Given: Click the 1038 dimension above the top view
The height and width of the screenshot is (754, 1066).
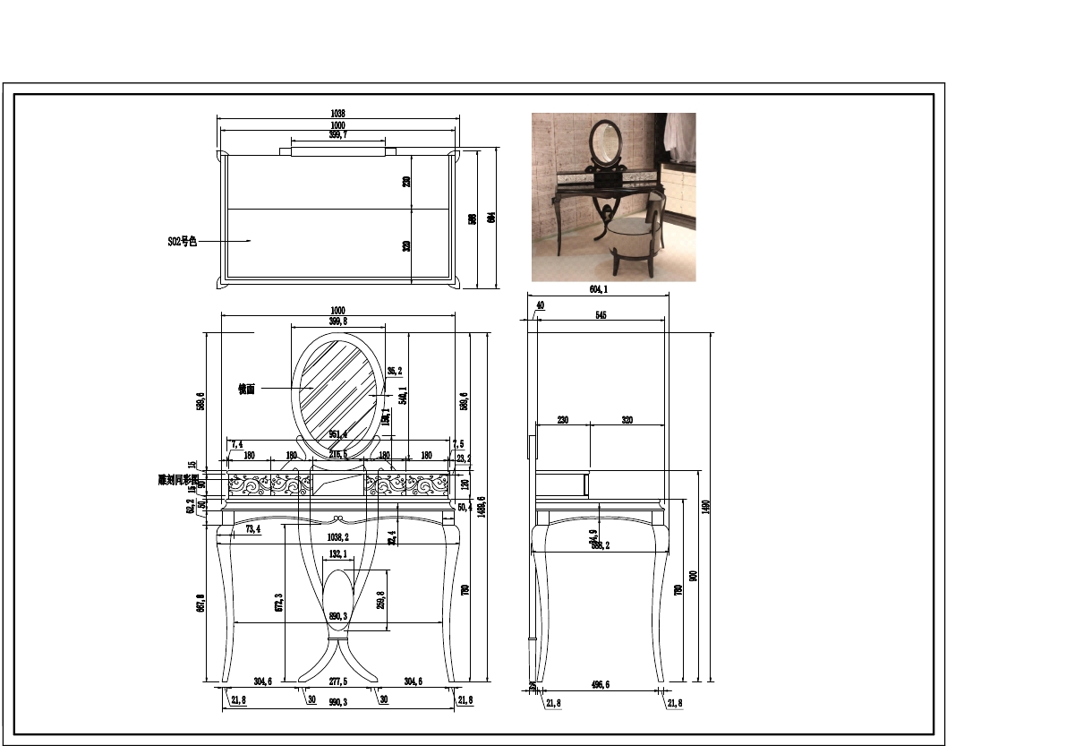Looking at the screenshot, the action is coord(337,114).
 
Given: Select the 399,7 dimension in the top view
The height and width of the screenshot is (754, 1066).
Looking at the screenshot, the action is coord(337,135).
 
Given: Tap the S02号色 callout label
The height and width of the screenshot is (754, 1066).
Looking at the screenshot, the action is coord(182,241).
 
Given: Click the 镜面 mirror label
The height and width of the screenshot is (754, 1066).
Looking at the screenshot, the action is coord(246,389).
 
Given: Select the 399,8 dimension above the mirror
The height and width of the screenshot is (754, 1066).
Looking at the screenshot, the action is coord(337,321).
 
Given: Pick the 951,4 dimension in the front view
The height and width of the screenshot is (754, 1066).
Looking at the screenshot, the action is coord(338,434).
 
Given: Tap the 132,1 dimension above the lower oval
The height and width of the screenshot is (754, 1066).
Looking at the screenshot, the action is coord(337,555).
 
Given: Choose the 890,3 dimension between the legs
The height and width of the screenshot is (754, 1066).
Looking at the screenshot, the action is coord(337,616).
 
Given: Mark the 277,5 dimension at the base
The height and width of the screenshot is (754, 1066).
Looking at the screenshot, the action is coord(337,681).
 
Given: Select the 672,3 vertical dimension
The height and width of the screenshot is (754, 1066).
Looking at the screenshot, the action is coord(279,602).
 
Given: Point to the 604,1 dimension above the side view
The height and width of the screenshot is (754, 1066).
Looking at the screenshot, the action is coord(598,289).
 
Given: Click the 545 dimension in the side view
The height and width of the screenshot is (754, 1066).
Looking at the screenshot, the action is coord(601,315).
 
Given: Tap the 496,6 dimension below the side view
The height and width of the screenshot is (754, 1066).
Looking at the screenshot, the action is coord(600,685).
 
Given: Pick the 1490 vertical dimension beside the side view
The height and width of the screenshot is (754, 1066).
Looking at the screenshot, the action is coord(705,506).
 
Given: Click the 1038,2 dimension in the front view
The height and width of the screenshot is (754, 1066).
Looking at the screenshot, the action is coord(337,537).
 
